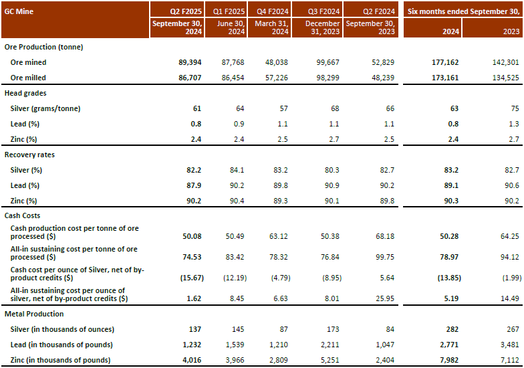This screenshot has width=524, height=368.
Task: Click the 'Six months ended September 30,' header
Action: point(463,11)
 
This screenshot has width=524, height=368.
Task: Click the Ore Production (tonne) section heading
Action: point(43,47)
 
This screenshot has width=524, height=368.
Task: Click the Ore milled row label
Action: point(28,78)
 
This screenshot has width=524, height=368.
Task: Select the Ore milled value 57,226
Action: point(275,78)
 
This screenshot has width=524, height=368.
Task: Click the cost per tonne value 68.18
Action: point(383,232)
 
